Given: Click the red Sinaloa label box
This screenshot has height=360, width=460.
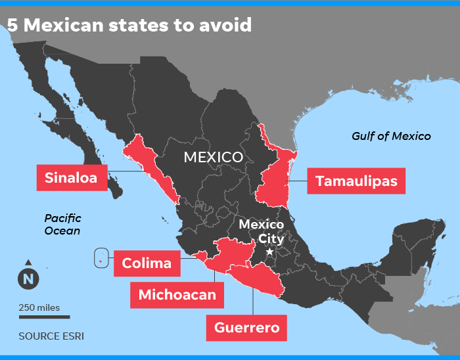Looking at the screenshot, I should pos(71,177).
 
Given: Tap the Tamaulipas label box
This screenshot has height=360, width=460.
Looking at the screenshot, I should pos(356,181).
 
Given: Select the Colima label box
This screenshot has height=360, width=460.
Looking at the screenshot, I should pos(147,263).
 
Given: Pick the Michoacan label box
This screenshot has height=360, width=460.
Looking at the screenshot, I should pos(177,294).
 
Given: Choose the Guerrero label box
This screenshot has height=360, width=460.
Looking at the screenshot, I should pos(246,327).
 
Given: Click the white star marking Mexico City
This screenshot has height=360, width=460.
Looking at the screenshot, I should pos(269,252).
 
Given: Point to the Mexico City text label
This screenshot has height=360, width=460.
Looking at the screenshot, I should pos(262,231).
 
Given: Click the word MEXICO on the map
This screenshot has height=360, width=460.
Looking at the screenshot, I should pos(213,157).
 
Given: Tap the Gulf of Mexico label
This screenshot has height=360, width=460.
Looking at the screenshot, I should pos(391,136).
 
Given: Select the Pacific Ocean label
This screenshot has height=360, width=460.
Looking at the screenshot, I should pos(62,224).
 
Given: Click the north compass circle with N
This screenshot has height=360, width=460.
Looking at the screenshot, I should pos(28,279).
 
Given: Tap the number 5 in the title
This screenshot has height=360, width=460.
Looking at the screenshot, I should pos(12,25).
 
